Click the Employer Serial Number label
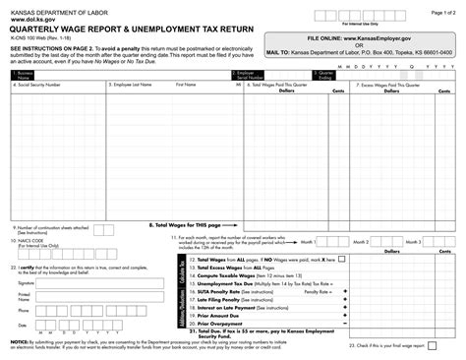pyautogui.click(x=247, y=75)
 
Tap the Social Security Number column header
pyautogui.click(x=39, y=85)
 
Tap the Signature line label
pyautogui.click(x=28, y=281)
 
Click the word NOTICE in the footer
pyautogui.click(x=19, y=341)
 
